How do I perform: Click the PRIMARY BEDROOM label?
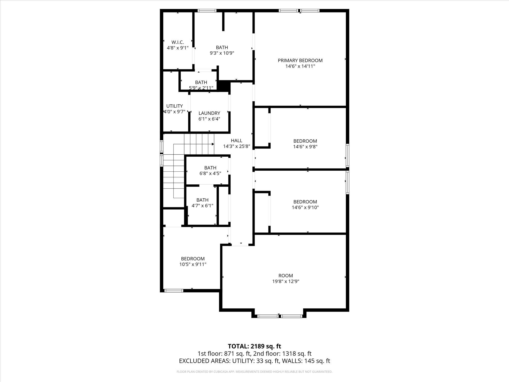(300, 60)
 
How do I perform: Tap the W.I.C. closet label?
(178, 42)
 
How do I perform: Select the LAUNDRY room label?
(209, 113)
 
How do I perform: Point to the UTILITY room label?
(174, 106)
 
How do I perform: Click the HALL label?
(236, 141)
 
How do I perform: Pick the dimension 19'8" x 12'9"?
(286, 281)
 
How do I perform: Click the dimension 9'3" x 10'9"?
(222, 53)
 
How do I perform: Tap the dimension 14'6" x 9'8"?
(305, 147)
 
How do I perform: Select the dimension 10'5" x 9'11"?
(193, 264)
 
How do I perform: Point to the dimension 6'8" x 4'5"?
(210, 173)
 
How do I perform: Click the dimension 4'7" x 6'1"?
(202, 206)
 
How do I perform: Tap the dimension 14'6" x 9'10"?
(305, 207)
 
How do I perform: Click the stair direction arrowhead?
(213, 144)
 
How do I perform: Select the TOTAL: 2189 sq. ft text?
(254, 346)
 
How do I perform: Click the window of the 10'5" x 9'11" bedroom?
(174, 291)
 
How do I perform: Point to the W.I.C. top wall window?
(207, 11)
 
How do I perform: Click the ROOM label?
(286, 276)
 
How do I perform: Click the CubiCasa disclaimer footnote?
(254, 372)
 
